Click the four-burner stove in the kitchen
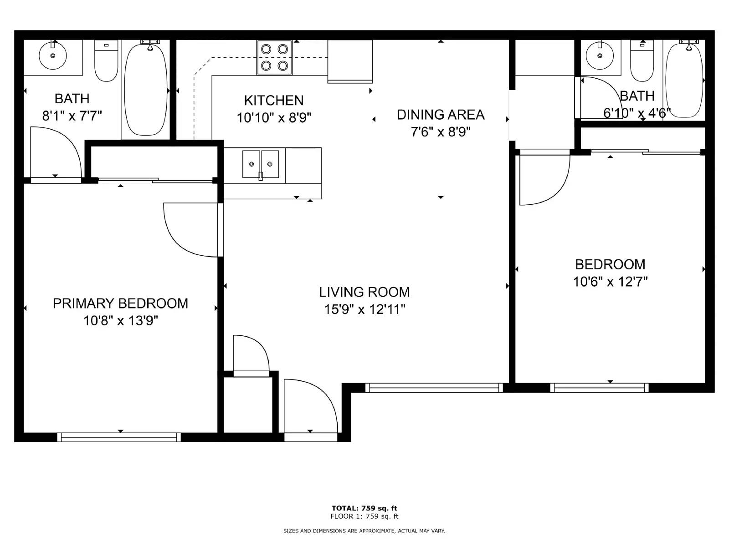[274, 58]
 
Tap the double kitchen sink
[260, 164]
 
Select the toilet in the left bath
[106, 61]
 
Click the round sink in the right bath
[600, 55]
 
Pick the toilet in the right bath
[642, 61]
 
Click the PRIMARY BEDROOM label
[121, 303]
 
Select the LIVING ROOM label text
[364, 292]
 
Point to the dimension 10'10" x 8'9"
[274, 118]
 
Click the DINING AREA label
[441, 115]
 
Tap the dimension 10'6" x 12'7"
[611, 282]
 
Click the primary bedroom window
[119, 437]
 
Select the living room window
[434, 388]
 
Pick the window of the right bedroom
[600, 388]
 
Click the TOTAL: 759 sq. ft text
[364, 508]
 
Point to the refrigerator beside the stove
[350, 62]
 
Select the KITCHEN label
[274, 101]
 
